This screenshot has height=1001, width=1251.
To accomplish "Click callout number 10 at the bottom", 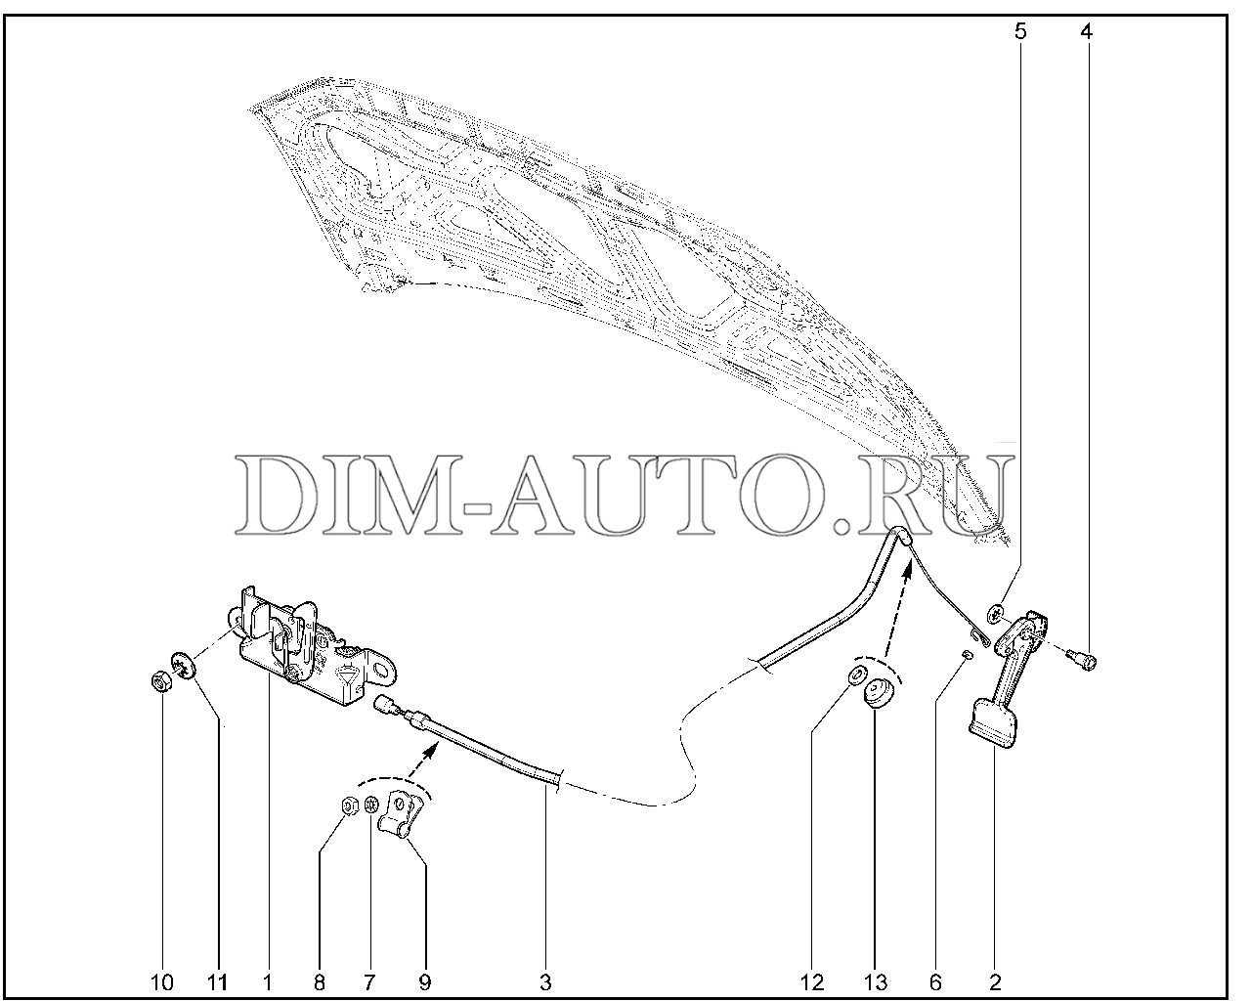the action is (x=162, y=982).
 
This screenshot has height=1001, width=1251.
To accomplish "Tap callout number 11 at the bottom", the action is (x=217, y=982).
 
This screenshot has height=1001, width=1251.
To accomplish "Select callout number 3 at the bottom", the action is (x=545, y=982).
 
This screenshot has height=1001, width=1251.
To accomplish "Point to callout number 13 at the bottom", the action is (x=876, y=982).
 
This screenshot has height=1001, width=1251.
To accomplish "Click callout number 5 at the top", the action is (x=1020, y=31).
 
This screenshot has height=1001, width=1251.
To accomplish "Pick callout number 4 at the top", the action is (x=1086, y=31).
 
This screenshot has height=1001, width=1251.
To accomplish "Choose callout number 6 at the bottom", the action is (x=935, y=982).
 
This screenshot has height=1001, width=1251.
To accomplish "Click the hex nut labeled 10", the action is (x=160, y=680).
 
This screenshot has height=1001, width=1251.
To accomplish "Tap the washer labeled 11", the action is (x=183, y=666).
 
